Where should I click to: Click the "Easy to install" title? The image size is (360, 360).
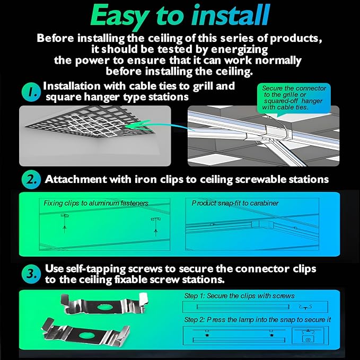click(180, 16)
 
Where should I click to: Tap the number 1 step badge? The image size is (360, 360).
click(31, 92)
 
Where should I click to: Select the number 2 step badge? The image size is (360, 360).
click(31, 180)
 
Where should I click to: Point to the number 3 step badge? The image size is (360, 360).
click(31, 274)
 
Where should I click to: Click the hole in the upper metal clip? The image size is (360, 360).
click(104, 307)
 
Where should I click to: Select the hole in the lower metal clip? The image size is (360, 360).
click(86, 336)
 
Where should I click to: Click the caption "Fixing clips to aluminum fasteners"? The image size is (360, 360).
click(96, 203)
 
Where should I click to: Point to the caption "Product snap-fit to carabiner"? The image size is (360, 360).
click(235, 203)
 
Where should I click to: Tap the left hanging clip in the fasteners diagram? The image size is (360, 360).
click(65, 222)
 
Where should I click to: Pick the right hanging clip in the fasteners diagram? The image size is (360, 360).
click(156, 226)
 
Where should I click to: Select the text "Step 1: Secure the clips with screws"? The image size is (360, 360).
click(239, 296)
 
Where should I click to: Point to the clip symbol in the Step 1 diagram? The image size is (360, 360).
click(305, 307)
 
